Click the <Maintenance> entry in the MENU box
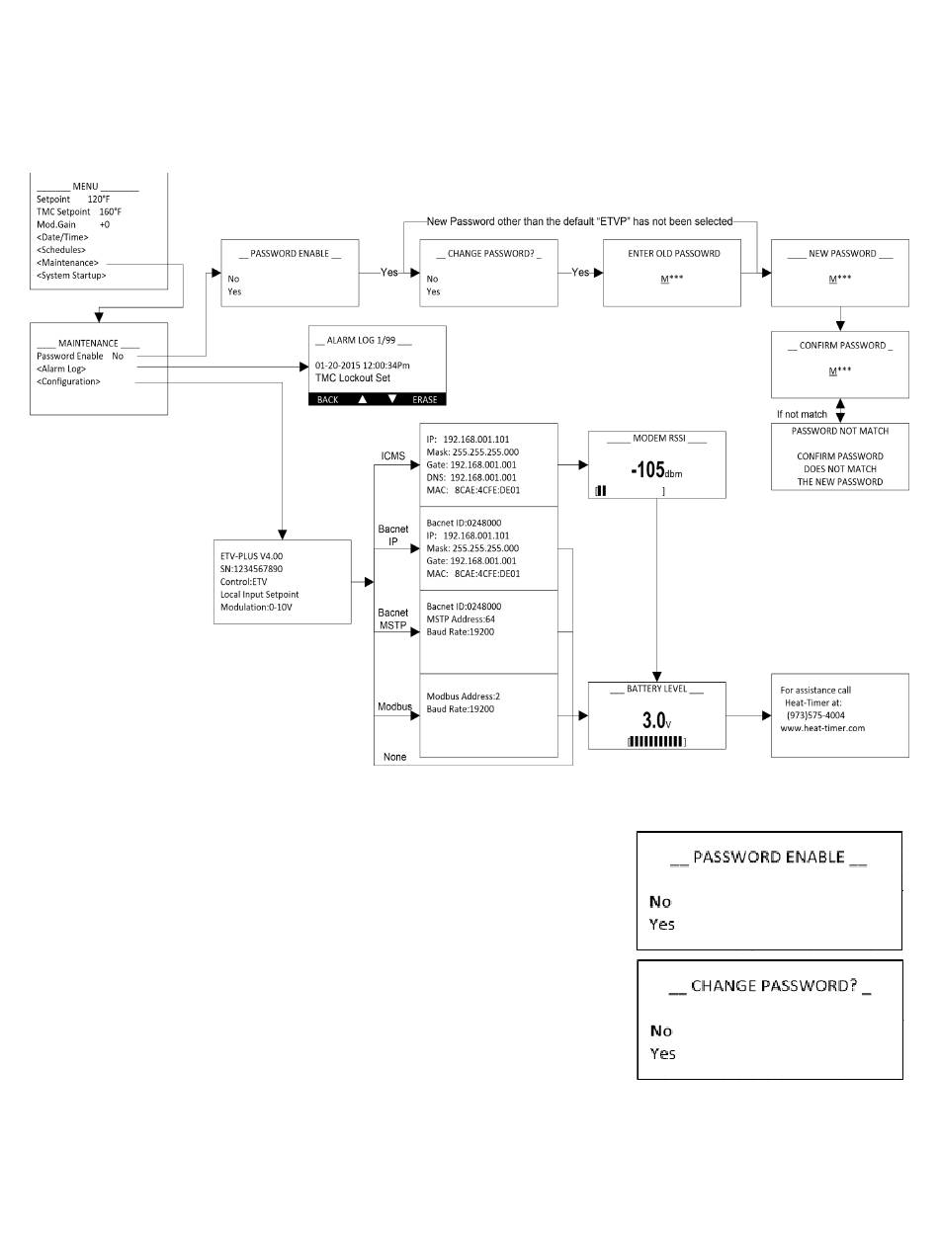click(67, 263)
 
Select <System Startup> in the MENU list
click(71, 276)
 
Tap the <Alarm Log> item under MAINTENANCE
click(61, 369)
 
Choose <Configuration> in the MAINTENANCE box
click(68, 381)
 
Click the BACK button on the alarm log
click(327, 399)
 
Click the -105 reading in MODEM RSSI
click(647, 469)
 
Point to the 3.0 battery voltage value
click(653, 719)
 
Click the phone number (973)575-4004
click(815, 715)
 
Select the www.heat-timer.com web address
click(822, 728)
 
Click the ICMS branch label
click(392, 455)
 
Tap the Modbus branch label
click(394, 706)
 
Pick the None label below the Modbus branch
click(394, 757)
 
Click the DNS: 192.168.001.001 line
click(470, 477)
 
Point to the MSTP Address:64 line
click(461, 619)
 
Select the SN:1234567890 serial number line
click(251, 568)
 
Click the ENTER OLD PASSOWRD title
click(674, 253)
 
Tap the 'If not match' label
click(802, 414)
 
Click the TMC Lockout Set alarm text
click(352, 378)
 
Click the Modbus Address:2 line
click(463, 696)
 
